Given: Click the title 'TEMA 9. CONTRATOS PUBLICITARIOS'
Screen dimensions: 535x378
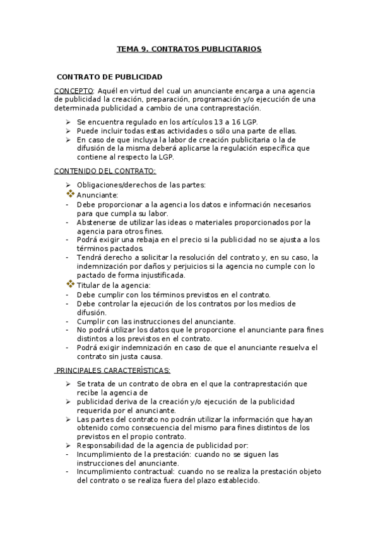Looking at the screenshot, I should click(189, 48).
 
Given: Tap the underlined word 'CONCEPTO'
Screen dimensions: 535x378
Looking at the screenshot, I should click(73, 91).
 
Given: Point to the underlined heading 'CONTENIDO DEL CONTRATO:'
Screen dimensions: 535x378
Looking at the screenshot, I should click(105, 171).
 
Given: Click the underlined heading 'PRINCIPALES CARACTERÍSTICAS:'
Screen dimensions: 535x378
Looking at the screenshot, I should click(112, 370).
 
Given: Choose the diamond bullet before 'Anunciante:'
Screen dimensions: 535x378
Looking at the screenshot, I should click(70, 194).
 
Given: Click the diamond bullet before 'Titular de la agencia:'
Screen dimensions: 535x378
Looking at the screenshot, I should click(70, 285).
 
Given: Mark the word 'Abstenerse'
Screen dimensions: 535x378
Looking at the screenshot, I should click(95, 222).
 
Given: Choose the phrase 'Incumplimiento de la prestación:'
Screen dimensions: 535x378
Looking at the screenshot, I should click(133, 454).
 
